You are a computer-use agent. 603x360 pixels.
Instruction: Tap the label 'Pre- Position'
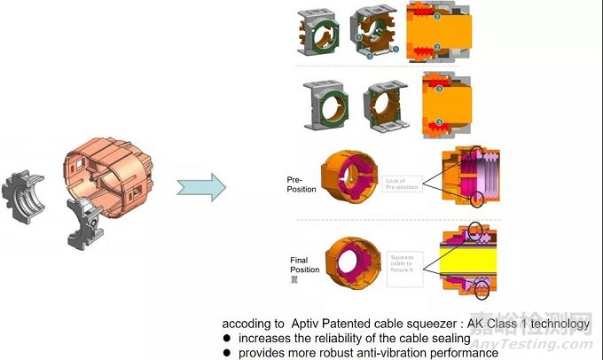click(301, 184)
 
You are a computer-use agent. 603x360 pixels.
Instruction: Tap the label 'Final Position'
click(304, 264)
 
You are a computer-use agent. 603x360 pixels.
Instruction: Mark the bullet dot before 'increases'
click(227, 339)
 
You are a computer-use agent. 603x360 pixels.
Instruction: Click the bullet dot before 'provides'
click(227, 353)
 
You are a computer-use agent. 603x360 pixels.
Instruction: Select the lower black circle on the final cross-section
click(485, 289)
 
